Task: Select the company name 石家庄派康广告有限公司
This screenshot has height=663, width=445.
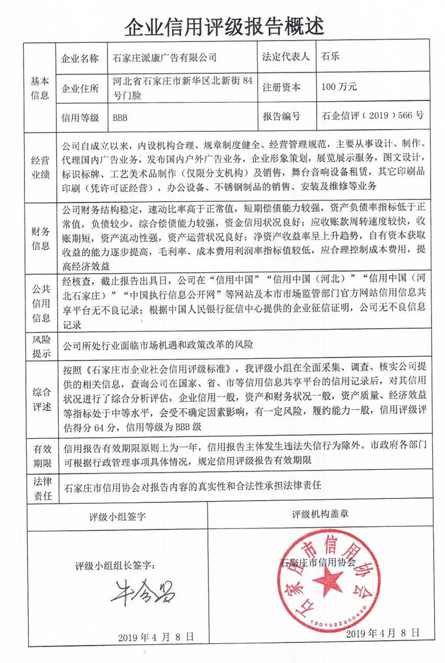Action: [x=165, y=57]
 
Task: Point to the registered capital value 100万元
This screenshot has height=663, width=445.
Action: [x=339, y=87]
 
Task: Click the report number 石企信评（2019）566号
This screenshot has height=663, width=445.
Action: [x=373, y=117]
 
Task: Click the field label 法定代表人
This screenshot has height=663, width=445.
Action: [x=285, y=57]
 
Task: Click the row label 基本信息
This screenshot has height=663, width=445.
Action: [x=39, y=87]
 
